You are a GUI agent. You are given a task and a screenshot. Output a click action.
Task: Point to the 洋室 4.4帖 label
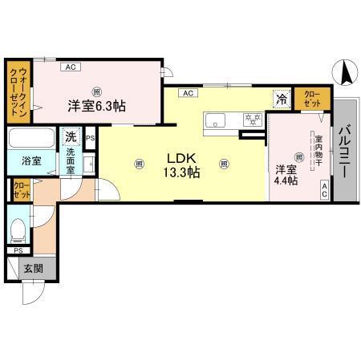(286, 175)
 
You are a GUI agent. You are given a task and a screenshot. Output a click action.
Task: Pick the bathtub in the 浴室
(31, 139)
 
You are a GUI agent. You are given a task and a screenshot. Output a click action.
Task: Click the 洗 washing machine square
(71, 136)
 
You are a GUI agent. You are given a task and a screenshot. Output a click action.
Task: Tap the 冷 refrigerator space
(281, 99)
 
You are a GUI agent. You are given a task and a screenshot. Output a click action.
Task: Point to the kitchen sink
(217, 121)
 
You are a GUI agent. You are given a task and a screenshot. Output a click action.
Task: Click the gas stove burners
(252, 120)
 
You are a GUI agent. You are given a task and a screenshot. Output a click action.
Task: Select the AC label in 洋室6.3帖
(70, 67)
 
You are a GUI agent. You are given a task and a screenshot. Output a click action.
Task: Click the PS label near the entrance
(18, 251)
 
